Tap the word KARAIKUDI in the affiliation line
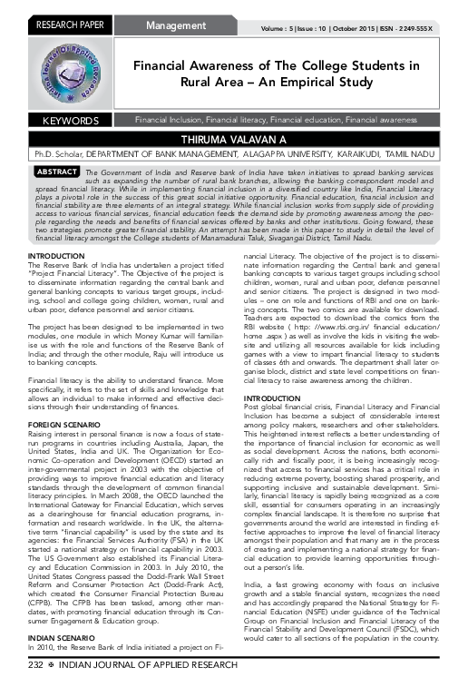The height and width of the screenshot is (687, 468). [x=366, y=154]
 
